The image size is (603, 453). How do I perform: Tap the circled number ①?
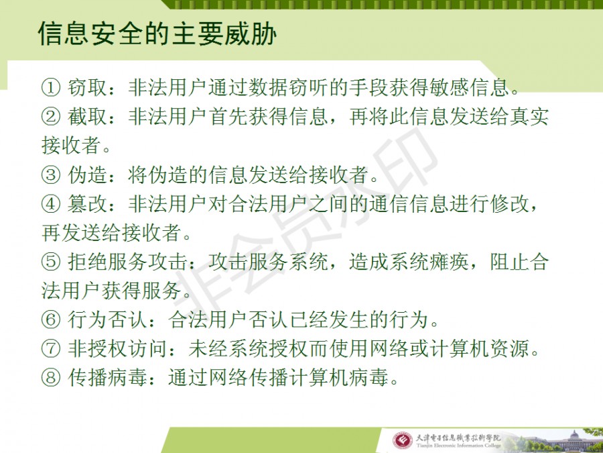(x=52, y=88)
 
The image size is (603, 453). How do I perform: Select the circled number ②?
(x=52, y=117)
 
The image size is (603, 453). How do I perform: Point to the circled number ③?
(x=52, y=175)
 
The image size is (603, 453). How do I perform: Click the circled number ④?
(x=52, y=204)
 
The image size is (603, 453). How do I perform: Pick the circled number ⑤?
(x=52, y=262)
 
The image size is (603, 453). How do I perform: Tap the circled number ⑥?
(x=52, y=321)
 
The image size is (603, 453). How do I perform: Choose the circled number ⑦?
(x=52, y=349)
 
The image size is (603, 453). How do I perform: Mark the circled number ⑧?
(x=52, y=378)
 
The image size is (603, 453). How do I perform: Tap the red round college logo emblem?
(x=402, y=441)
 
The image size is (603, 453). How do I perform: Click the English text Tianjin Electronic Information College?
(x=458, y=446)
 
